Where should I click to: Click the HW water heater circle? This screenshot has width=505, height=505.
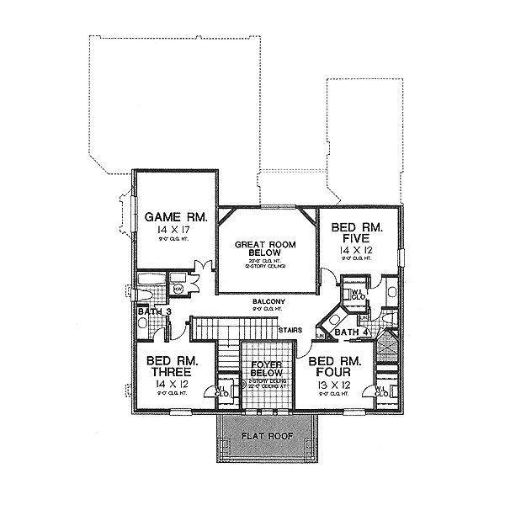coord(178,289)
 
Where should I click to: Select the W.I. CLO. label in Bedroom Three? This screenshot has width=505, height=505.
coord(222,389)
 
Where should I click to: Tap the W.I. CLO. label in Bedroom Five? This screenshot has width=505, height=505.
coord(357,295)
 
